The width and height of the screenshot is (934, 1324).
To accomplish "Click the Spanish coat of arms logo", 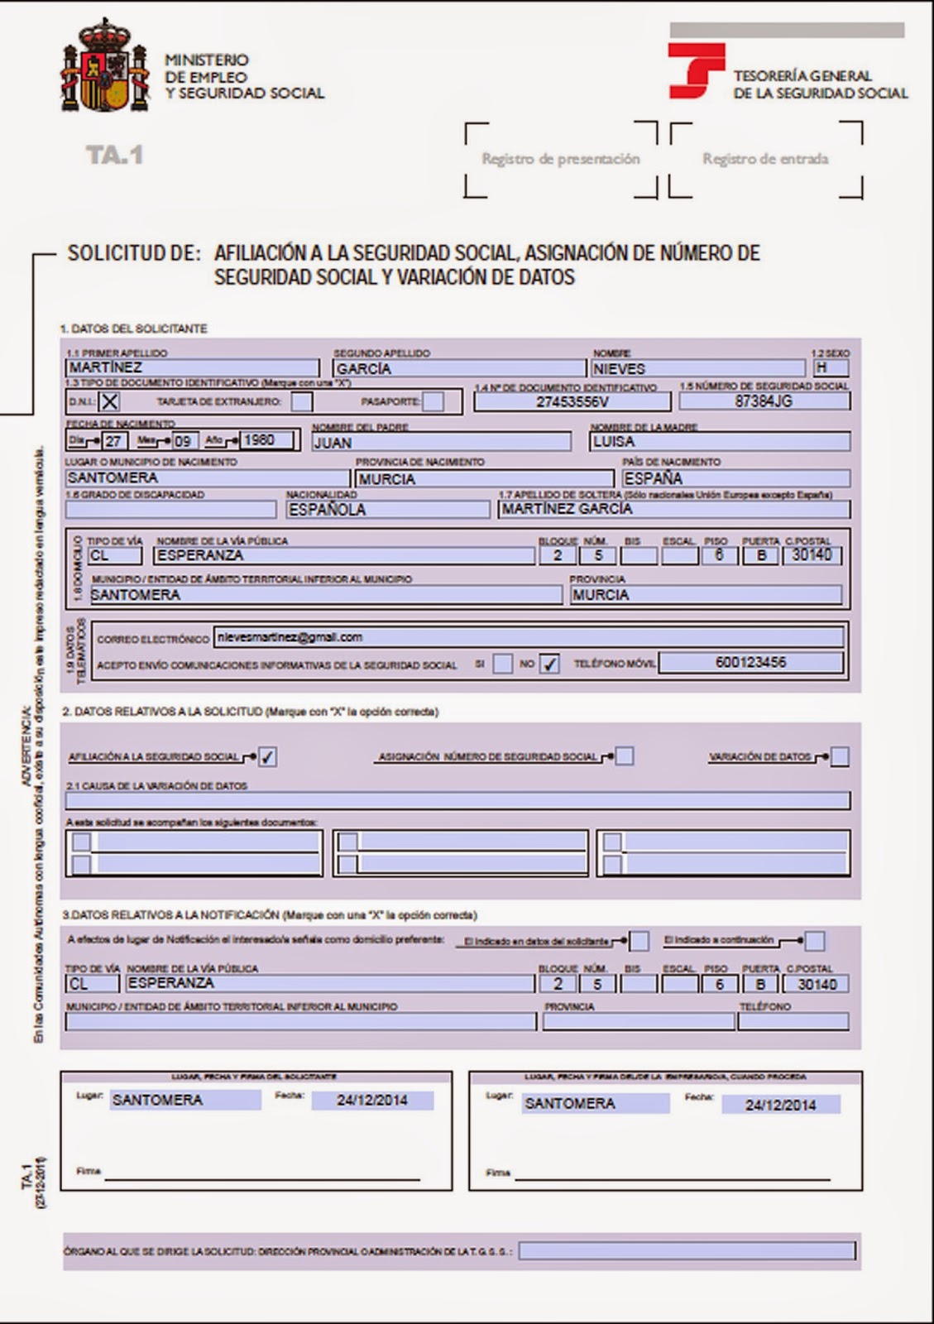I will [105, 69].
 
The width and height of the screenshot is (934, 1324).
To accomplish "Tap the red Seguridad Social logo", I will [696, 70].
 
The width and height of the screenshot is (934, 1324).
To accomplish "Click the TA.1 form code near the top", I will [114, 155].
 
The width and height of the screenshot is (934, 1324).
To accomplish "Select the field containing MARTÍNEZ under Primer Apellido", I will [192, 367].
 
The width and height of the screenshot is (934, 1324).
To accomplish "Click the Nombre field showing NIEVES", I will [697, 368].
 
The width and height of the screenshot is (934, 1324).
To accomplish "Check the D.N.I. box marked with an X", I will [109, 402].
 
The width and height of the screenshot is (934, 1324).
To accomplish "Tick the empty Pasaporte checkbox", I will [433, 402].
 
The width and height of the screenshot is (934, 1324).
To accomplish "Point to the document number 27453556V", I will [572, 401].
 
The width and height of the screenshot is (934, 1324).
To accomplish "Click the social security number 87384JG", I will [764, 401].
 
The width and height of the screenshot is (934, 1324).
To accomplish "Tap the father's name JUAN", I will [441, 442].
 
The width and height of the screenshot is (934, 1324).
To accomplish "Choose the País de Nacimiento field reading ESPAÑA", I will [735, 478].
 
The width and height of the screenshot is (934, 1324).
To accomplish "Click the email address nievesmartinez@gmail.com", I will [528, 637].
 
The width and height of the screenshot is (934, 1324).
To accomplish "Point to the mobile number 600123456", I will [750, 662].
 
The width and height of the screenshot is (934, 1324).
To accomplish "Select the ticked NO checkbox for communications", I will [549, 664].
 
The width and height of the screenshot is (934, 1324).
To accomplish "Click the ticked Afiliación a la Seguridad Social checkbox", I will [267, 756].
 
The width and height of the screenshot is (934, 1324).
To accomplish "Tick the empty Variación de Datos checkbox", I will [839, 756].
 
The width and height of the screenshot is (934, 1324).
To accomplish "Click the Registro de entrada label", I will [765, 159].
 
